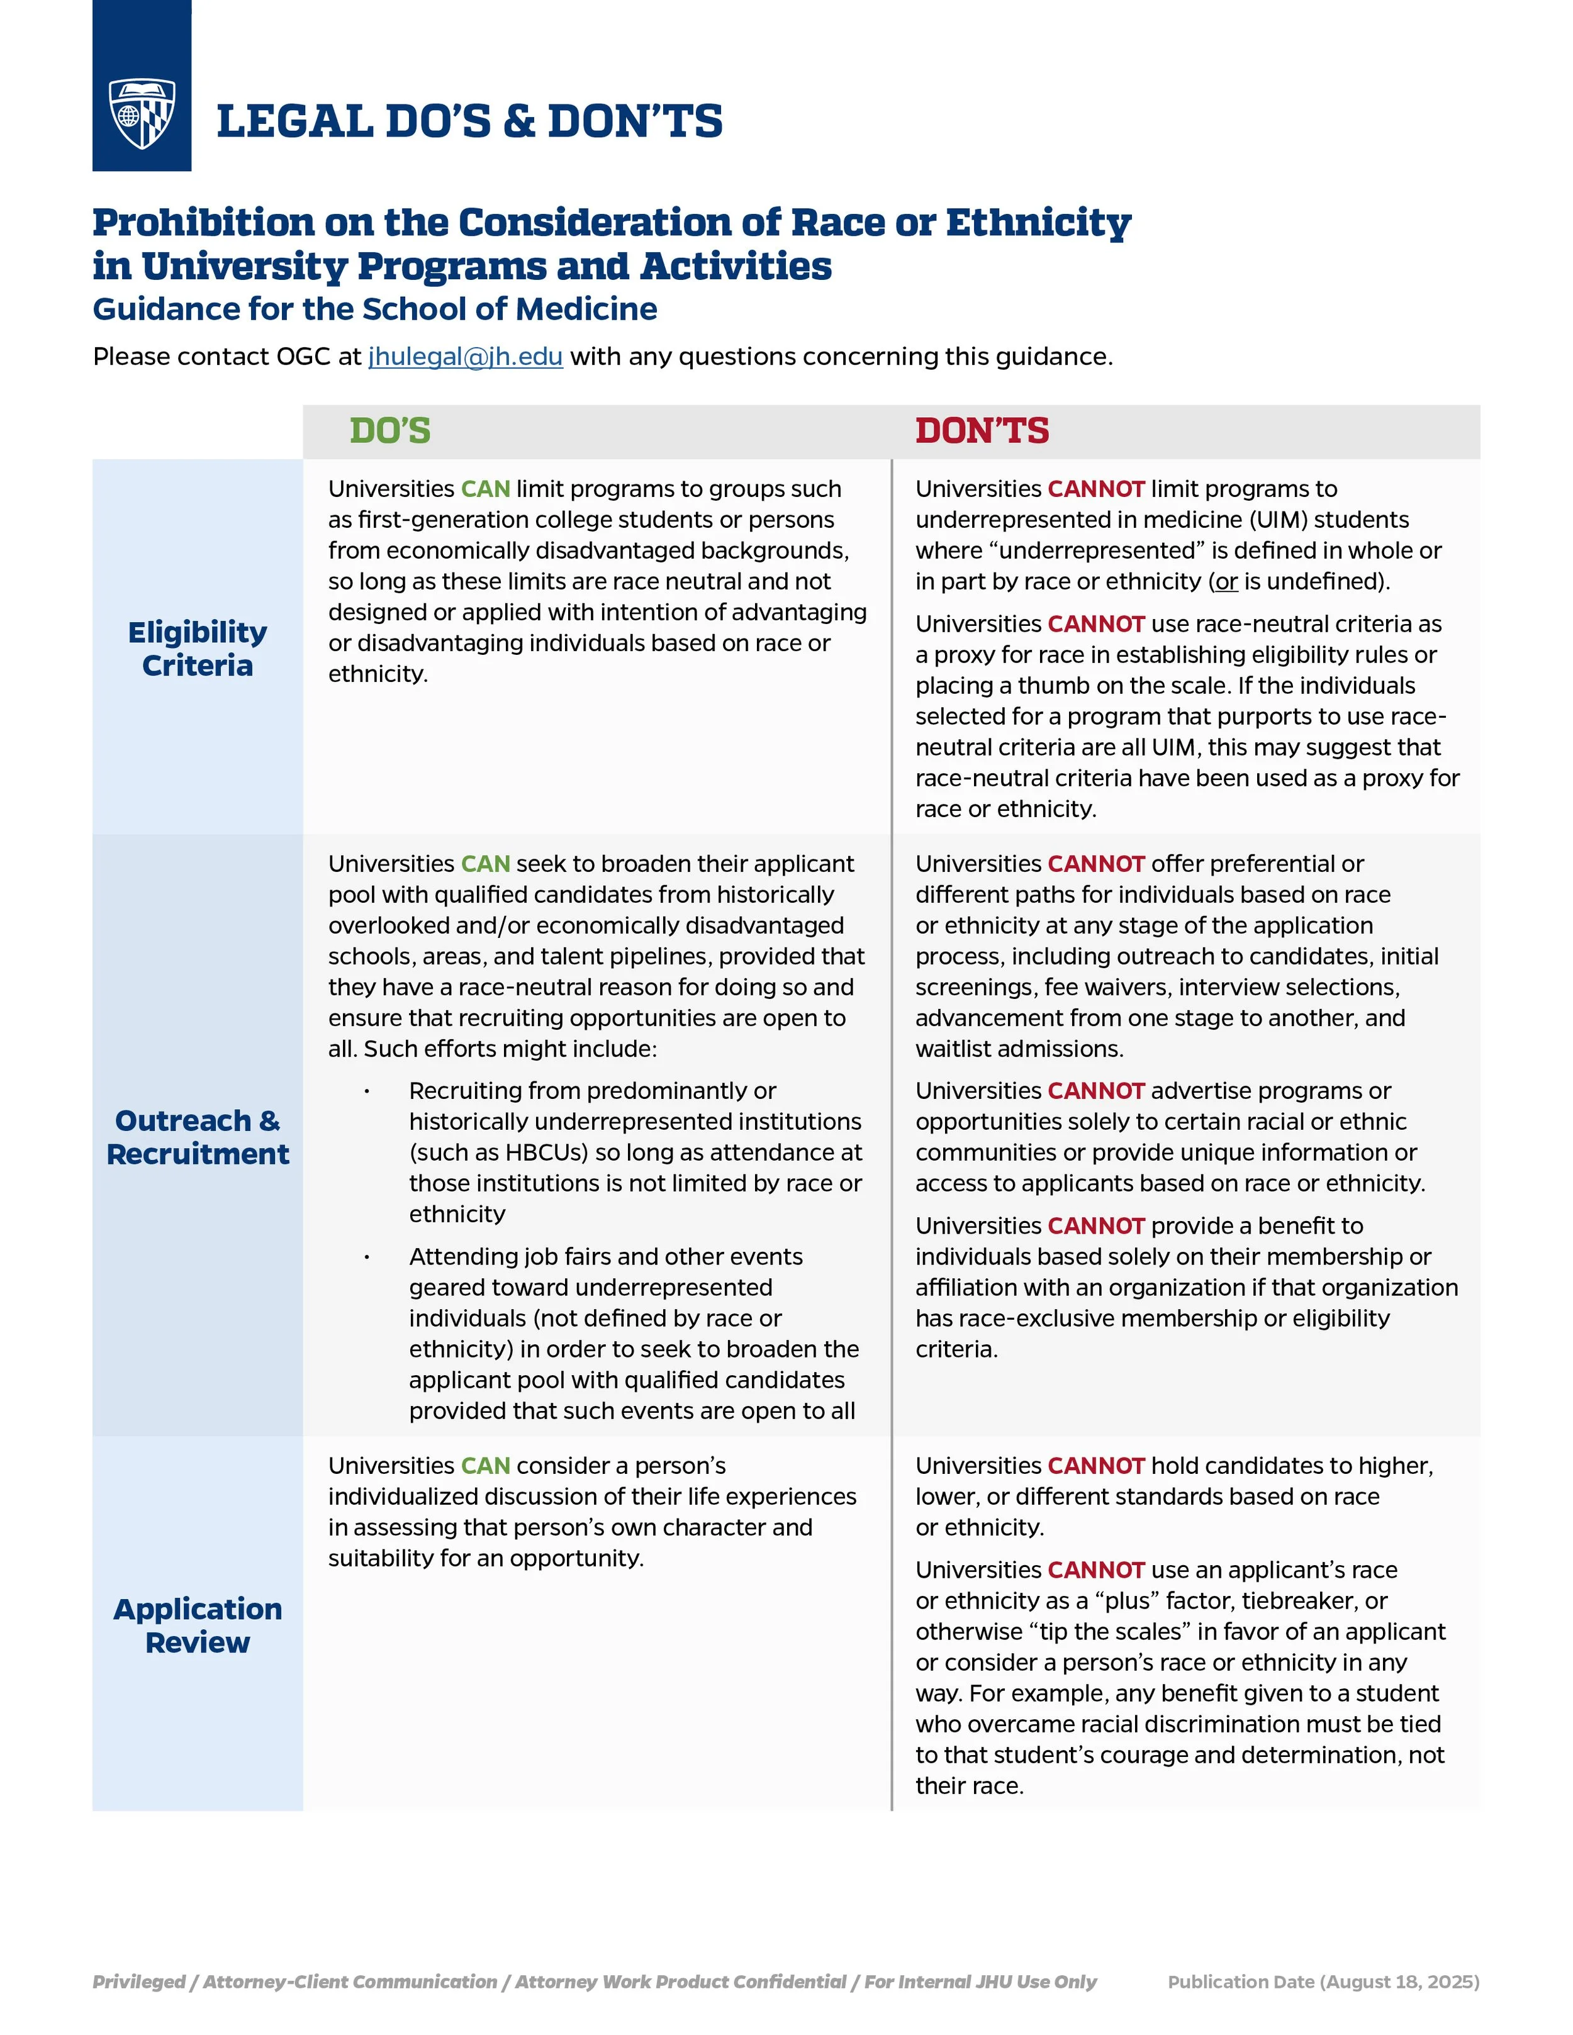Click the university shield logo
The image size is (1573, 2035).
click(x=142, y=114)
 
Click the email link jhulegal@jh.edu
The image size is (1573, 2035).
click(x=465, y=357)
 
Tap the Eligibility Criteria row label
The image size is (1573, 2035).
click(x=198, y=649)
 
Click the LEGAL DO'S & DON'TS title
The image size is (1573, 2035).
click(x=469, y=122)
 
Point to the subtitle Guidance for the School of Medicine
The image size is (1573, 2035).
click(x=374, y=309)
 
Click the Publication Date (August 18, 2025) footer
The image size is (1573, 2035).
click(x=1323, y=1982)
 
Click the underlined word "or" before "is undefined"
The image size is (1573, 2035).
click(x=1226, y=581)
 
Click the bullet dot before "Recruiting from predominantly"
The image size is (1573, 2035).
click(x=367, y=1092)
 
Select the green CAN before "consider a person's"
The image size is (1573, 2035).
click(x=486, y=1466)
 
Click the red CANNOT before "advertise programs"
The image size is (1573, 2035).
click(x=1096, y=1091)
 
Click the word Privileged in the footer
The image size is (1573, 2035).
click(x=138, y=1982)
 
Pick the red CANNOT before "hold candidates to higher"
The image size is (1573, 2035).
click(x=1096, y=1466)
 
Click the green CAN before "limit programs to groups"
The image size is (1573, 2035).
click(x=486, y=489)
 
